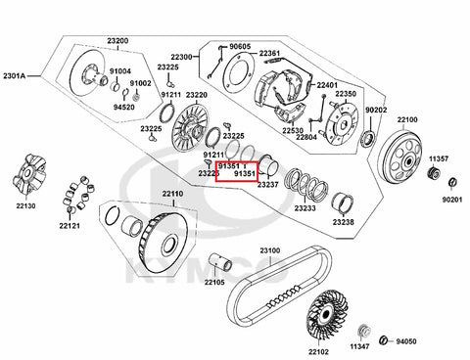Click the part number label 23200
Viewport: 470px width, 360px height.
[117, 41]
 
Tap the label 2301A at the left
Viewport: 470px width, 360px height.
[14, 76]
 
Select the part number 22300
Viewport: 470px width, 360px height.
[181, 57]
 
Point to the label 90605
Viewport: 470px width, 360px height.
[240, 47]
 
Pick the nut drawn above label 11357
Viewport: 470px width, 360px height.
[435, 173]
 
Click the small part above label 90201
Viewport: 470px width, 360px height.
[452, 182]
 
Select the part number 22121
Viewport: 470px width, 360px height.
[70, 225]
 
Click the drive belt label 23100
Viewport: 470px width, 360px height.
[270, 250]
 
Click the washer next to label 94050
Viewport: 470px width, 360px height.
[384, 340]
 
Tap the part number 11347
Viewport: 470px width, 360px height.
[359, 346]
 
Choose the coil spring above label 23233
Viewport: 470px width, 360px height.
[305, 184]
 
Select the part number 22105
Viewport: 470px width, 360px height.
[214, 282]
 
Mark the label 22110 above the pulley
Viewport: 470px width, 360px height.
[173, 194]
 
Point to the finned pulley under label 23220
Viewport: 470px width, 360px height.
[190, 126]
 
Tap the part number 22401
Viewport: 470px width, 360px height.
[327, 85]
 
